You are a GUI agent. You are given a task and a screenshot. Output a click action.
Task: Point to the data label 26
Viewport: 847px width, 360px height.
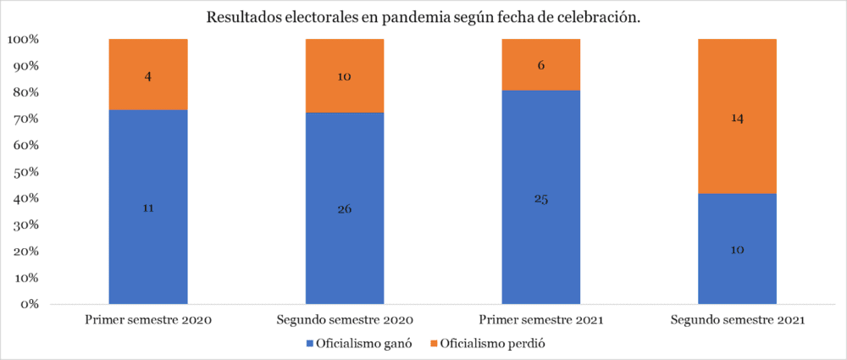(x=345, y=208)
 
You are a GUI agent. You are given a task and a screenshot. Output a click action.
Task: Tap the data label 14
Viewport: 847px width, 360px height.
(x=737, y=119)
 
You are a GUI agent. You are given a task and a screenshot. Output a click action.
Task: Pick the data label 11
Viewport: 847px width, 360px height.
(x=148, y=207)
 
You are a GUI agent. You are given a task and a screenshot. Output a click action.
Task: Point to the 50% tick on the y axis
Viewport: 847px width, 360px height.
(x=25, y=172)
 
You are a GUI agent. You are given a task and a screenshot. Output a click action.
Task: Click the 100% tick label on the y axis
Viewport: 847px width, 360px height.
(x=23, y=40)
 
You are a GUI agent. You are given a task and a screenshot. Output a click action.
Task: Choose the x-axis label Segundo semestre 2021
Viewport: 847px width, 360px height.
(x=737, y=321)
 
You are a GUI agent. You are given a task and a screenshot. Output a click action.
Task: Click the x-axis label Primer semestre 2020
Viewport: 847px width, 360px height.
(x=148, y=321)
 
